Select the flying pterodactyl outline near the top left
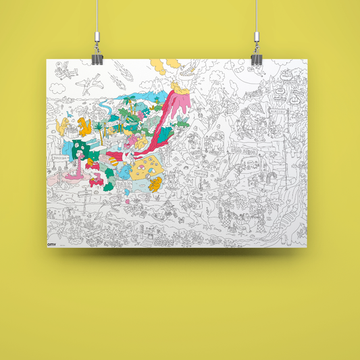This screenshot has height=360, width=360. pyautogui.click(x=87, y=84)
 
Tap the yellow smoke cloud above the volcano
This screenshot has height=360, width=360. pyautogui.click(x=157, y=66)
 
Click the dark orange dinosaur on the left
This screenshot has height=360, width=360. pyautogui.click(x=84, y=126)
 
